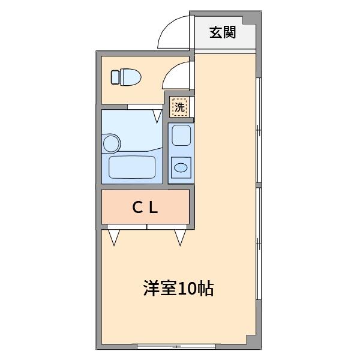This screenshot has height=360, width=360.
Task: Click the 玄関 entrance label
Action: pos(223,32)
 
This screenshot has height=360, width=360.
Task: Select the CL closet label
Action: pos(145,208)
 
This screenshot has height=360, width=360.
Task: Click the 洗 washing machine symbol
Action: pos(179,107)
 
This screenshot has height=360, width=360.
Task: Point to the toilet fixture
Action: pos(126,77)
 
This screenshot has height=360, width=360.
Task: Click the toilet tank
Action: pos(115,77)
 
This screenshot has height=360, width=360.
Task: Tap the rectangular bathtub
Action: pos(132,167)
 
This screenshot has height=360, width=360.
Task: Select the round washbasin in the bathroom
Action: pos(112,143)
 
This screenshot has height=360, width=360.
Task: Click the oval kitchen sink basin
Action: pos(181,167)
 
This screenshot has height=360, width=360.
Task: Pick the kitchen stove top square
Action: pos(181,136)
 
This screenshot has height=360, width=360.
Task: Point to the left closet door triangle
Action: pos(114,237)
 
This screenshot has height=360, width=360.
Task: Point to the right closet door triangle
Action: pos(180,237)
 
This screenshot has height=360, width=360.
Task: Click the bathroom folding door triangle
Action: pos(157,116)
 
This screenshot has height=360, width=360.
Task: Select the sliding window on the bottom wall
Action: pos(176,346)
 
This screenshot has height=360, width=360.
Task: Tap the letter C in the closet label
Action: pos(137,208)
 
